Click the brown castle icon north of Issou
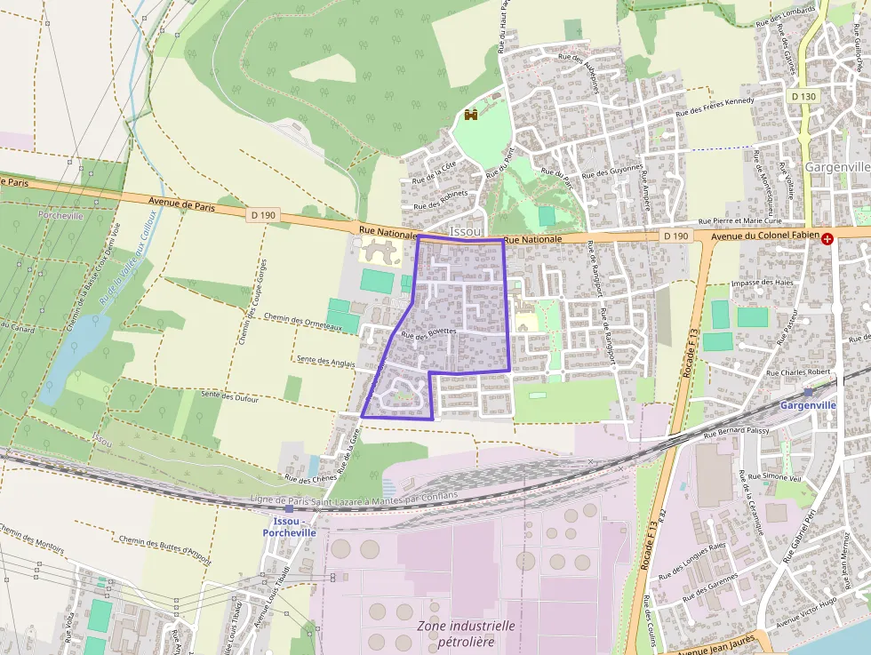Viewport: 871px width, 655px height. click(x=471, y=115)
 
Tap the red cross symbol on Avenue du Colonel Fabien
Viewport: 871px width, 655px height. click(x=828, y=238)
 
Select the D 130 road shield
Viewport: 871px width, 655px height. click(x=803, y=95)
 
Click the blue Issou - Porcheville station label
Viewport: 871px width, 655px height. click(x=289, y=526)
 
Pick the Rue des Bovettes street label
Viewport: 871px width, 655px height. click(x=428, y=333)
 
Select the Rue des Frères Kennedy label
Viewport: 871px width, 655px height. click(x=715, y=107)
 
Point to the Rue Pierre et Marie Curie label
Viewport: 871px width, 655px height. click(x=739, y=220)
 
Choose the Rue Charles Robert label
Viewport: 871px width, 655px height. click(x=798, y=372)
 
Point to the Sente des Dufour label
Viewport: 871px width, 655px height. click(x=229, y=396)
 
